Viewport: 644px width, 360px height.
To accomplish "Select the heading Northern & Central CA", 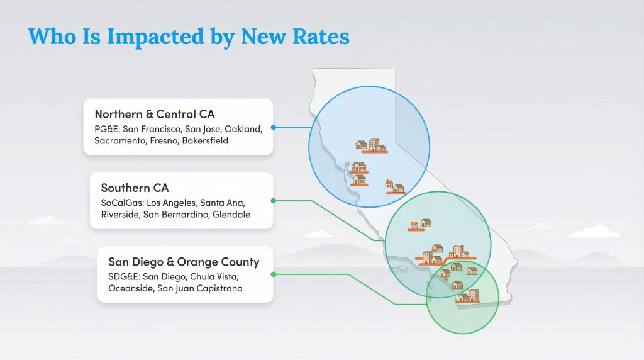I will tap(155, 114).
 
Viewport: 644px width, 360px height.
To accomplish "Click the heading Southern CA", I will tap(135, 188).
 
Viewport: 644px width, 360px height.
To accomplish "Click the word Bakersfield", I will tap(205, 141).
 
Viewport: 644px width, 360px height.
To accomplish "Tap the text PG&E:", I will tap(108, 128).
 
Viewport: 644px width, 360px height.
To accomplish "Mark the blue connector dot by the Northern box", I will tap(273, 127).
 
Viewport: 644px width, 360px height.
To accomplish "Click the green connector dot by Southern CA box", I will tap(273, 201).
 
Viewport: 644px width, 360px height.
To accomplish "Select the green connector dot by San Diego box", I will tap(273, 274).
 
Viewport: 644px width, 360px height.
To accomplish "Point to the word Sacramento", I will tap(120, 141).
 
